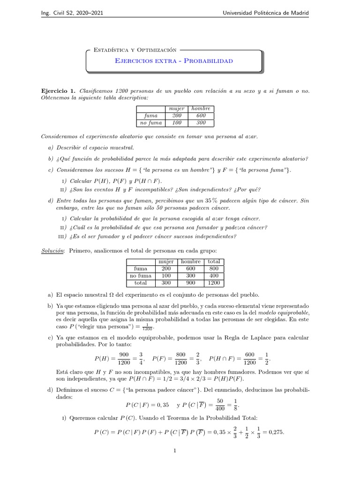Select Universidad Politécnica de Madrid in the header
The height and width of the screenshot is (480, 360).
(x=265, y=13)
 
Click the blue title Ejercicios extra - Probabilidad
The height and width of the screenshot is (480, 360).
(x=173, y=61)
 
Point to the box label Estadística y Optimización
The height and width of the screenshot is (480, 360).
(x=135, y=49)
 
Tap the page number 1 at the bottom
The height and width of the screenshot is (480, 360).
(x=174, y=451)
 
